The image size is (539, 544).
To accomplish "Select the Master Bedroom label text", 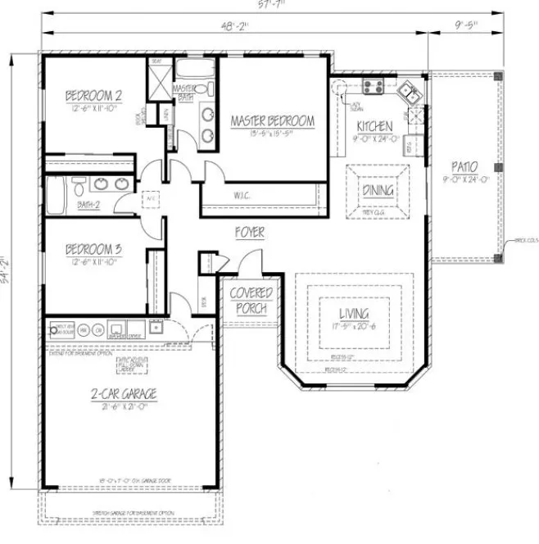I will (x=272, y=121).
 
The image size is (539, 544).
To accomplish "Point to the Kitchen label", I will (x=374, y=126).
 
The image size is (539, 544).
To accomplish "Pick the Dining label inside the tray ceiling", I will (x=378, y=190).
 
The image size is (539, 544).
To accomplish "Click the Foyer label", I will (x=250, y=233).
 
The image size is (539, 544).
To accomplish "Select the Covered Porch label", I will (x=250, y=301).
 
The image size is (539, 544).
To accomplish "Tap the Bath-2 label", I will (x=88, y=204).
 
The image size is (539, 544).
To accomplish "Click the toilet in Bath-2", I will (x=78, y=183).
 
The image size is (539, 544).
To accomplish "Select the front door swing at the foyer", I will (x=247, y=264).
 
